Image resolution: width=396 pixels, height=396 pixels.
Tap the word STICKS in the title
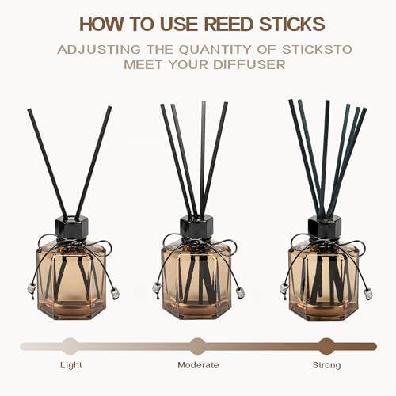[x=292, y=24]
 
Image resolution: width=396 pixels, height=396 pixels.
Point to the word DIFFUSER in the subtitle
[x=249, y=65]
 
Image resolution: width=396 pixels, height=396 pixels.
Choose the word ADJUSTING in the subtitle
[x=99, y=50]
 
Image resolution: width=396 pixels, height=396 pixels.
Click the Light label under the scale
[x=71, y=365]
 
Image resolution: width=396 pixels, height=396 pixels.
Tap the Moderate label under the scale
[x=198, y=365]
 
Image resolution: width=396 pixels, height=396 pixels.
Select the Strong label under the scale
[x=326, y=365]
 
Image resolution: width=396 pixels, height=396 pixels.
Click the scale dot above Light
[x=70, y=346]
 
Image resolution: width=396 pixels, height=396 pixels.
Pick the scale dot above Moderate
[x=198, y=346]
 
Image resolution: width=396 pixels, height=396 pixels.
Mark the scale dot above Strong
[x=327, y=346]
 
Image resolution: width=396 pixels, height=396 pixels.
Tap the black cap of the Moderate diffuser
[x=196, y=227]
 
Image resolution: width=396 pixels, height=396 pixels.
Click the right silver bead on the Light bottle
[x=115, y=294]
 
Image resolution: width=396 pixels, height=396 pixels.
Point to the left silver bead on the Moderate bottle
[x=157, y=287]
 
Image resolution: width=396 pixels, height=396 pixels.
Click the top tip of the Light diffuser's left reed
[x=29, y=109]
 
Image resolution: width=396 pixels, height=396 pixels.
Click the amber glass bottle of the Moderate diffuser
[x=196, y=280]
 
